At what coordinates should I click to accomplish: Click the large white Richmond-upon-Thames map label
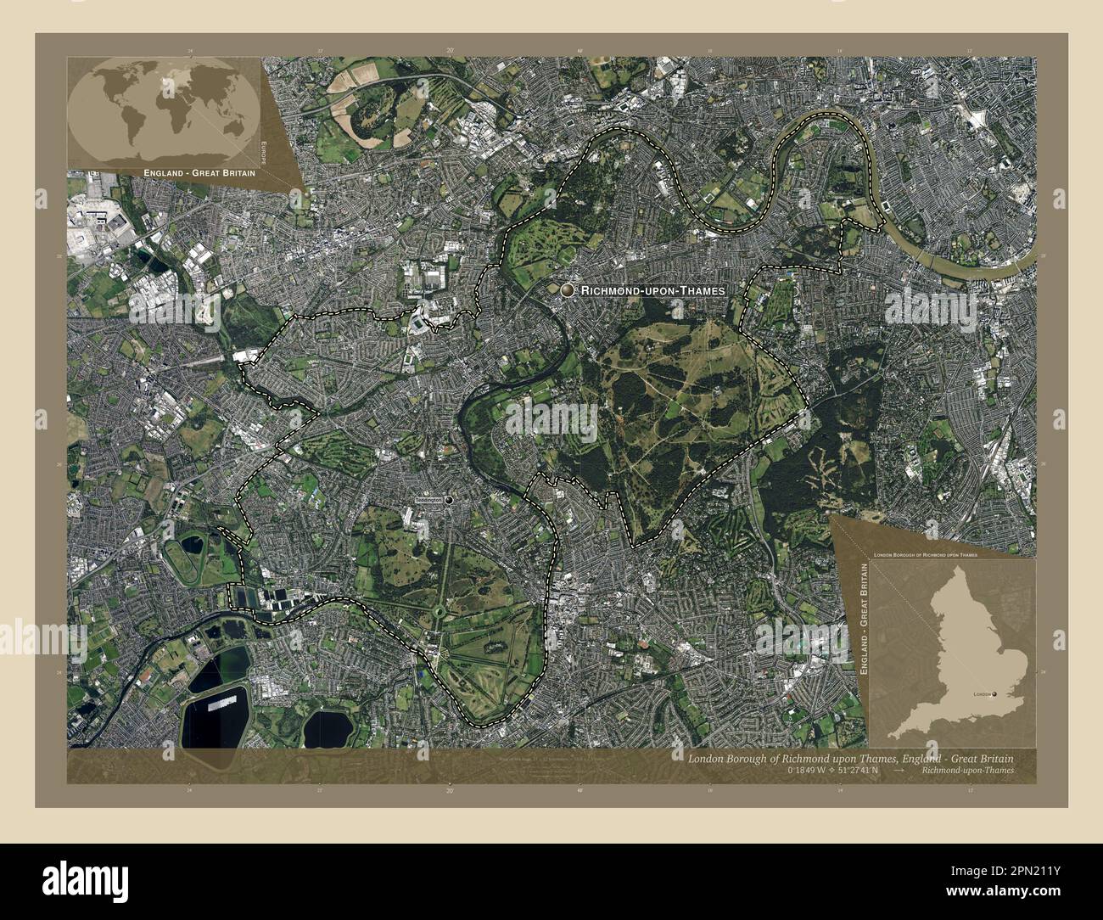click(x=653, y=290)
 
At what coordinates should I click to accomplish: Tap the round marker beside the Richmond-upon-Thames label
click(x=567, y=290)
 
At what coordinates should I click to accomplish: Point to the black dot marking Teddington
click(x=449, y=501)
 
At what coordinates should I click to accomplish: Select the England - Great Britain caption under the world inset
click(x=188, y=172)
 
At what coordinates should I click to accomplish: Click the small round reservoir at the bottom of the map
click(x=330, y=727)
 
